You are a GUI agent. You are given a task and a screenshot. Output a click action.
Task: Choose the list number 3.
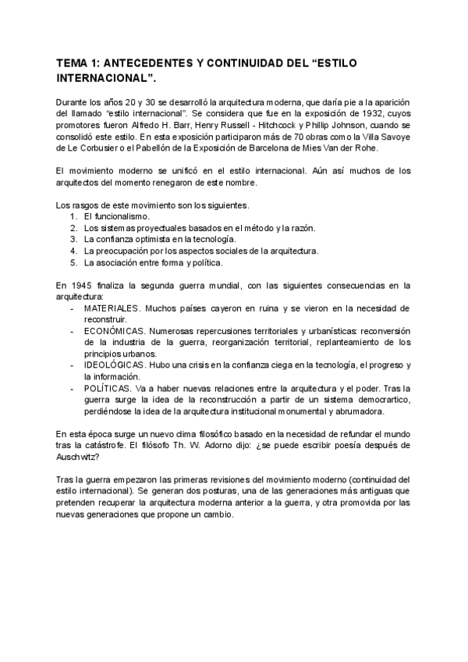click(x=73, y=239)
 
